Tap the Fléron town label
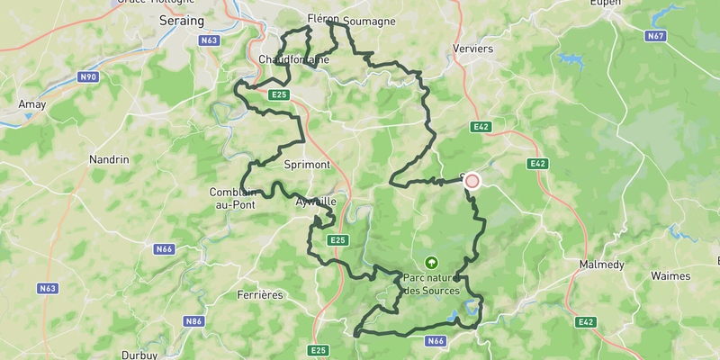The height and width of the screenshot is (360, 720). coord(322,17)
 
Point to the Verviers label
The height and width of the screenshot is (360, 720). coord(473,49)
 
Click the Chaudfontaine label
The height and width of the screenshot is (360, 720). coord(293,59)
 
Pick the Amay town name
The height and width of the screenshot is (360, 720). coord(31,104)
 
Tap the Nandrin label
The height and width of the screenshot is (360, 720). coord(109,159)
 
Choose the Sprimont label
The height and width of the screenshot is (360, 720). coord(307,165)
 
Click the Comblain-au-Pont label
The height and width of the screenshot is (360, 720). coord(235,198)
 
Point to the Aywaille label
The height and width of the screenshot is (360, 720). coord(316,202)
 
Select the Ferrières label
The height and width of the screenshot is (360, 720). coord(259,294)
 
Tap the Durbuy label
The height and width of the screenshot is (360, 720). coord(139,355)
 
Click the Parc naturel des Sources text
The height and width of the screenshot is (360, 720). coord(432,284)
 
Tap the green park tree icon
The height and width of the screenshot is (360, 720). coord(431,263)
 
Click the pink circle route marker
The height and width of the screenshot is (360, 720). coord(472,181)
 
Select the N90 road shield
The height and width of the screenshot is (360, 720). coord(87,77)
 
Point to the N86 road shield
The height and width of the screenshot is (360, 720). coord(193,320)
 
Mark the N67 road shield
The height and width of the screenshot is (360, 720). coord(655,36)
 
